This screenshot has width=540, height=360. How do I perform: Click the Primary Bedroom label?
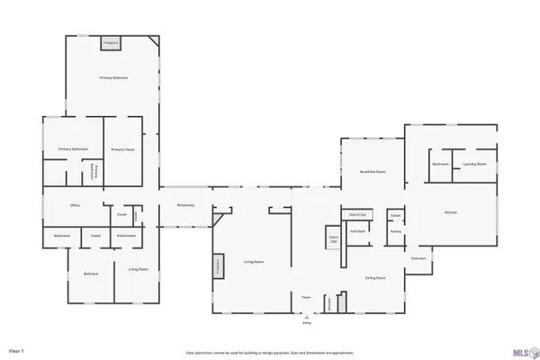pyautogui.click(x=113, y=78)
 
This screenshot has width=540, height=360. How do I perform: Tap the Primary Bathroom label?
pyautogui.click(x=72, y=148)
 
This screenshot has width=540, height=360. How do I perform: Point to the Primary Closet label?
pyautogui.click(x=122, y=149)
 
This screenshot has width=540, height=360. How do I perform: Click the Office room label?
pyautogui.click(x=76, y=205)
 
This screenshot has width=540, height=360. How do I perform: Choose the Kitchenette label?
pyautogui.click(x=127, y=236)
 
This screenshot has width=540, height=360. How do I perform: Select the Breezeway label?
pyautogui.click(x=186, y=205)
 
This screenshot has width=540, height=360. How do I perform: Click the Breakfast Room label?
pyautogui.click(x=373, y=171)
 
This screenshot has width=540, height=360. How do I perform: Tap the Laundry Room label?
pyautogui.click(x=474, y=165)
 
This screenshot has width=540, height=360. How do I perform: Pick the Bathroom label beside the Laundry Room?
pyautogui.click(x=440, y=165)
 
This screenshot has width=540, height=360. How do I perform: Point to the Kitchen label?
pyautogui.click(x=451, y=212)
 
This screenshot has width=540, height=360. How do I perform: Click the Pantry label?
pyautogui.click(x=395, y=231)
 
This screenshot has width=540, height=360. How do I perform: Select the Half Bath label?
pyautogui.click(x=357, y=231)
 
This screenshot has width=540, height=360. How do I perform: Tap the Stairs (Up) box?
pyautogui.click(x=333, y=239)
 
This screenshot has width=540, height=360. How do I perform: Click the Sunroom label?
pyautogui.click(x=418, y=258)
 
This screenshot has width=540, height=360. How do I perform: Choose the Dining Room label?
pyautogui.click(x=375, y=278)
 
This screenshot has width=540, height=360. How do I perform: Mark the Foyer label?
pyautogui.click(x=306, y=297)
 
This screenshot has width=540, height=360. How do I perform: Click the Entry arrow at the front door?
pyautogui.click(x=306, y=319)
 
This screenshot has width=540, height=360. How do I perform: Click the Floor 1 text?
pyautogui.click(x=16, y=349)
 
